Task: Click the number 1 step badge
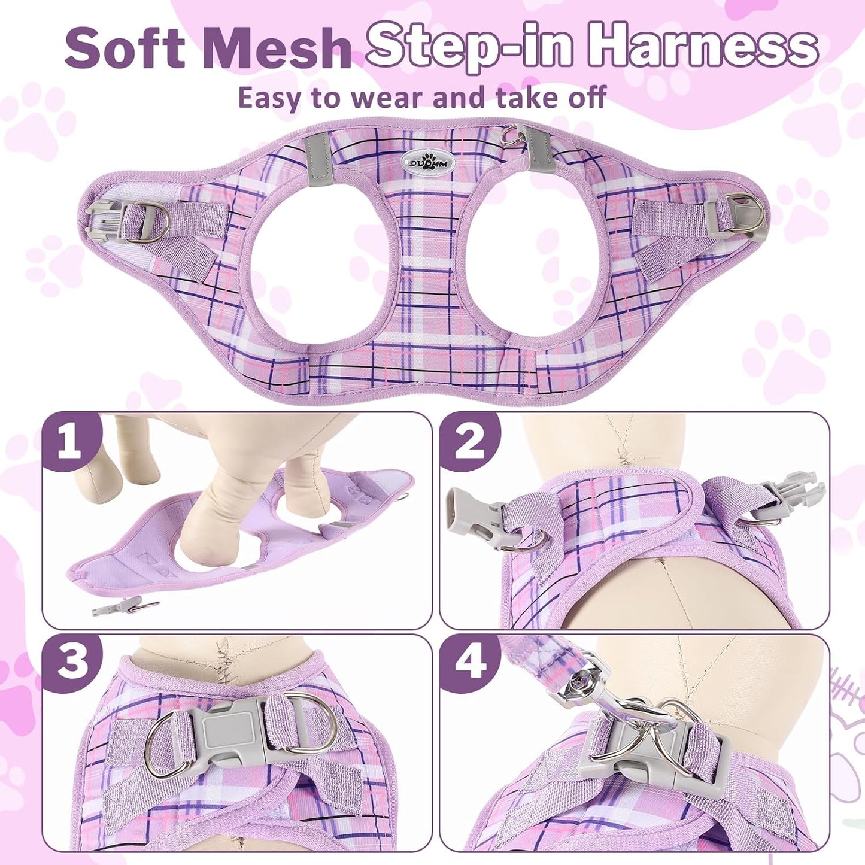click(x=71, y=442)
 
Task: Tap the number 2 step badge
click(x=469, y=442)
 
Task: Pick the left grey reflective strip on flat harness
click(x=317, y=162)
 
